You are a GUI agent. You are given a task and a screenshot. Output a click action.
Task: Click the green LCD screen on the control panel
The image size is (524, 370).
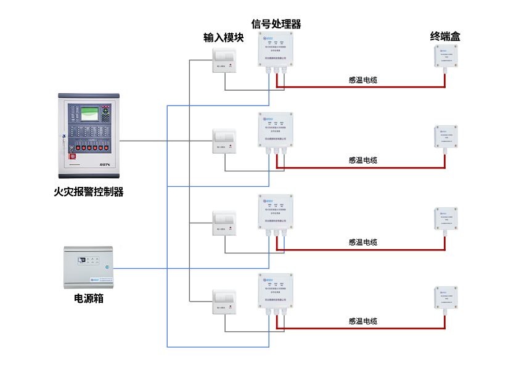tap(90, 113)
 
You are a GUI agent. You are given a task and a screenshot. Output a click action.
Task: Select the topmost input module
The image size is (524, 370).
tap(224, 60)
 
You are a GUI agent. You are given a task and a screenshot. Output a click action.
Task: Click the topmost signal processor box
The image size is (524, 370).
tap(276, 51)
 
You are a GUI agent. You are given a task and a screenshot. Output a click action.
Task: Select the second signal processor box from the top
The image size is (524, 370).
tap(276, 131)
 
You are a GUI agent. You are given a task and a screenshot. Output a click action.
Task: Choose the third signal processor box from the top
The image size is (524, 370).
tap(276, 213)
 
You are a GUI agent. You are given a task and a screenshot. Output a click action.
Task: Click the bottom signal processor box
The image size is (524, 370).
tap(276, 292)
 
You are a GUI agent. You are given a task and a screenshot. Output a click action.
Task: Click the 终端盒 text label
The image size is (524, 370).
tap(445, 36)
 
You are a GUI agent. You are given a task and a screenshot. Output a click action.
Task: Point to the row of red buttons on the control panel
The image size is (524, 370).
tap(89, 147)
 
